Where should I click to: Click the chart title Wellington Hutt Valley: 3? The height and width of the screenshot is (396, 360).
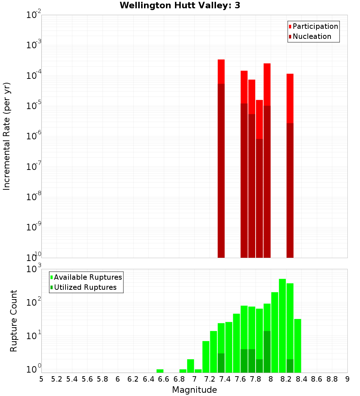[180, 5]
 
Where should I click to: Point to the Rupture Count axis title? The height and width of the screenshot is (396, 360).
[13, 321]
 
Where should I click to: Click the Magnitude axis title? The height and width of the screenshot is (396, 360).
[194, 390]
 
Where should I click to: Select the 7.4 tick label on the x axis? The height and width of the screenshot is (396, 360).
[225, 379]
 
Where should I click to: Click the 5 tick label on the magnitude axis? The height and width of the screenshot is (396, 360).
[41, 379]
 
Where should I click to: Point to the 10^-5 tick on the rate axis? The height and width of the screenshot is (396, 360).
[34, 106]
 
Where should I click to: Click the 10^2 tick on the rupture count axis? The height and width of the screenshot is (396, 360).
[34, 302]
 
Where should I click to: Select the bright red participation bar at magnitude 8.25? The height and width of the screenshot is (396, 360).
[290, 97]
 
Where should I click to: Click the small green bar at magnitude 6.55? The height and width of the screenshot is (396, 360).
[160, 371]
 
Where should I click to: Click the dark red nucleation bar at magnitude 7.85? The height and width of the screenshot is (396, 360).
[259, 198]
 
